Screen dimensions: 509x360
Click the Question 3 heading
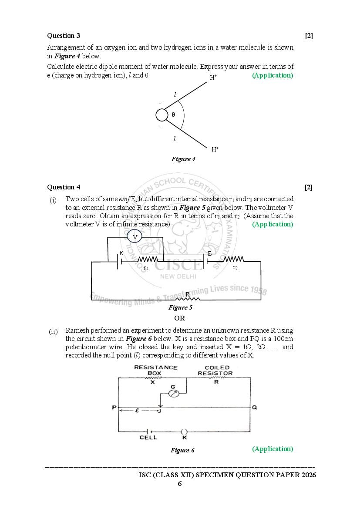[64, 36]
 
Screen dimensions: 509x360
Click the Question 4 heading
[64, 187]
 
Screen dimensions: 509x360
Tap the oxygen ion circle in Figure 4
[162, 115]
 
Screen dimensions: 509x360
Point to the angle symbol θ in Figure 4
[173, 115]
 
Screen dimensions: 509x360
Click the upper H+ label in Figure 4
[214, 78]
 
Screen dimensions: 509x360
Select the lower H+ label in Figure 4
[215, 149]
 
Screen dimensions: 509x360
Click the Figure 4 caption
[183, 159]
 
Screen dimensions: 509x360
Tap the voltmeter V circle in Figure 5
[135, 237]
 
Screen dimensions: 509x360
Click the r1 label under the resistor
[146, 268]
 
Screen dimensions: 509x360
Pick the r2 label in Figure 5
[235, 267]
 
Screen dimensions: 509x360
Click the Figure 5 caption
[180, 307]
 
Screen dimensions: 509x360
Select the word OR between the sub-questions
[180, 318]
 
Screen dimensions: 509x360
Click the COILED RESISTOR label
[215, 371]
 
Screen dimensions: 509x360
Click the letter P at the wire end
[114, 408]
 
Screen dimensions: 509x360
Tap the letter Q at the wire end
[255, 408]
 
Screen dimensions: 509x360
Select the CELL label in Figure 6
[148, 438]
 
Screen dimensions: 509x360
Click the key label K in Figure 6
[184, 438]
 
